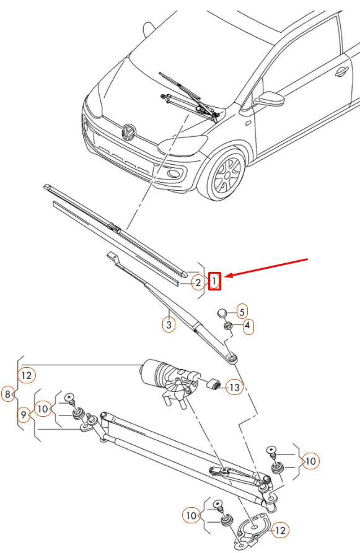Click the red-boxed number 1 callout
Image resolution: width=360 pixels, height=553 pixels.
(214, 281)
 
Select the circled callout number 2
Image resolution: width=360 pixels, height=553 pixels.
(197, 283)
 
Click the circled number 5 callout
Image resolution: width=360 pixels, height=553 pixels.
(242, 311)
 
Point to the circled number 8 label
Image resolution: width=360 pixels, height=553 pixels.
(7, 394)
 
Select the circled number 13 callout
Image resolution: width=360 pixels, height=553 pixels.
(233, 388)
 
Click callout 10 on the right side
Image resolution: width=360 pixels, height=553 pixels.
(310, 461)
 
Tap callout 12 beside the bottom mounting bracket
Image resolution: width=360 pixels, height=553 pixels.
(280, 530)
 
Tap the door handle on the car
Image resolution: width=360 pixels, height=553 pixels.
(341, 72)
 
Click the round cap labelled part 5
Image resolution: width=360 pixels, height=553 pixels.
(225, 311)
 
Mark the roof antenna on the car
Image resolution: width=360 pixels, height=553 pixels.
(148, 29)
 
